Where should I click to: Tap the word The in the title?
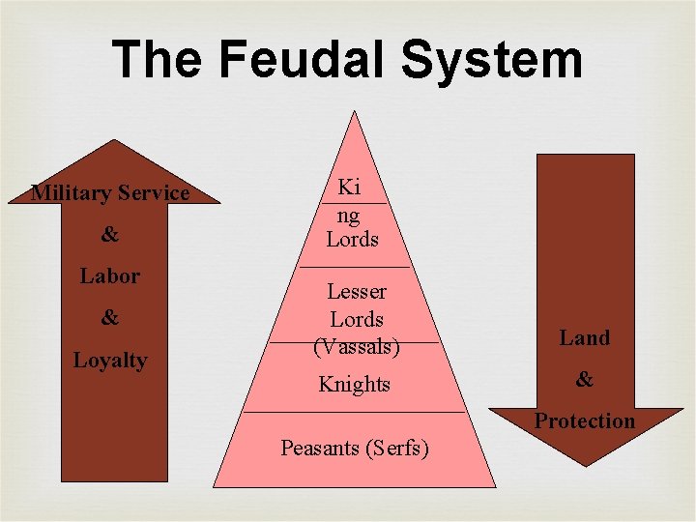coord(158,59)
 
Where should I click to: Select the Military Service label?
coord(110,192)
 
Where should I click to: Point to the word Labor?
coord(109,275)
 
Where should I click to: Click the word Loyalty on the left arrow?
coord(110,361)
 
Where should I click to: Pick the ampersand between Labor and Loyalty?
coord(110,318)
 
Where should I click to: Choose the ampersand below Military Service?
coord(110,235)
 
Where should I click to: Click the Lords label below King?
coord(352,239)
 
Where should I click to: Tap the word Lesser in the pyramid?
coord(357,291)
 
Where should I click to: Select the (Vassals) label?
coord(357,345)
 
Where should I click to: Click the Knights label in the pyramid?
coord(355,384)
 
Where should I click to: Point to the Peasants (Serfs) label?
coord(355,448)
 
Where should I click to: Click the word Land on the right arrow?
coord(585,337)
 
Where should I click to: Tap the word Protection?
coord(585,420)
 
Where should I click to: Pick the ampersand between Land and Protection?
coord(585,380)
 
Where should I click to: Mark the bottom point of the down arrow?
coord(585,466)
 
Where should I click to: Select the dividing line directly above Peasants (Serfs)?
coord(355,413)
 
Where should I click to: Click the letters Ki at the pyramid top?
coord(348,188)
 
